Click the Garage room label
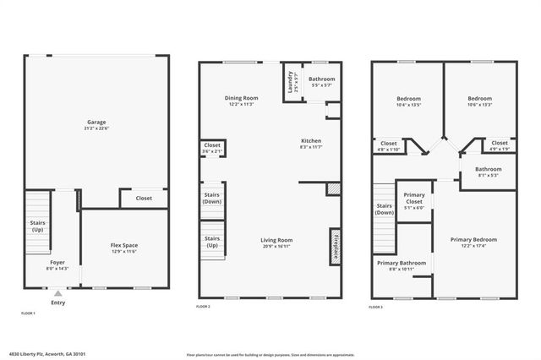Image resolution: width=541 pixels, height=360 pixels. tap(96, 123)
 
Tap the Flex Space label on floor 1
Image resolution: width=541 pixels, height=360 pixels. tap(124, 246)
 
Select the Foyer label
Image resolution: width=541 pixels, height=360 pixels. tap(57, 263)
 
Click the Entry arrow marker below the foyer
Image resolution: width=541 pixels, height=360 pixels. tap(57, 293)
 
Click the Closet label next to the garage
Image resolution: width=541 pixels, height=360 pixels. tap(143, 199)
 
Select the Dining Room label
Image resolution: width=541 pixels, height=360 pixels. tap(242, 98)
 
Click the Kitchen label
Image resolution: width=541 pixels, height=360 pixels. tap(311, 141)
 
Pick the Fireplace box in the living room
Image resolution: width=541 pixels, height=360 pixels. tap(335, 243)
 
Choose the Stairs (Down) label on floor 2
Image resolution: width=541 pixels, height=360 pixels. tap(212, 199)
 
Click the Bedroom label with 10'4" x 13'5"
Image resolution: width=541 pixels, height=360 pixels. tap(407, 98)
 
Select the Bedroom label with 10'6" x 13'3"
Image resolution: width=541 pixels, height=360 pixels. tap(480, 98)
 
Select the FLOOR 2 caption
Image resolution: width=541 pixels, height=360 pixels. tap(204, 306)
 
